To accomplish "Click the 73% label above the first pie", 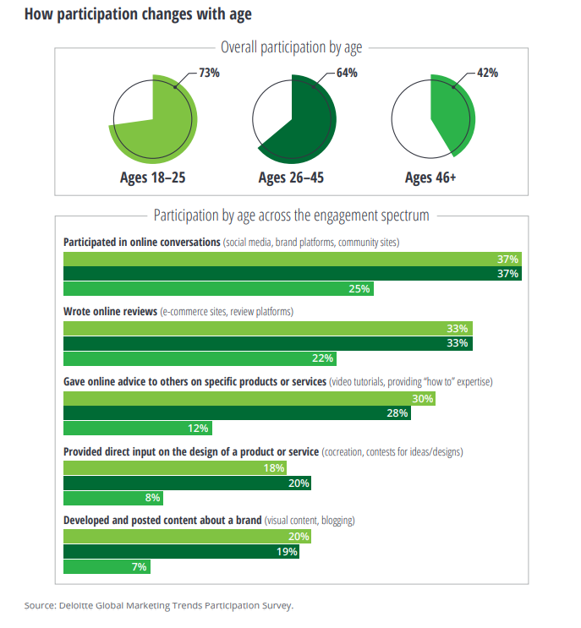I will (x=209, y=73).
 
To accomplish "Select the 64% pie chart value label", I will (x=347, y=73).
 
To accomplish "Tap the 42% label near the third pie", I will (x=487, y=73).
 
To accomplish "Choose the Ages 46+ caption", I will (x=430, y=177).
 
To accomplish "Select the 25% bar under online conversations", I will (x=218, y=288).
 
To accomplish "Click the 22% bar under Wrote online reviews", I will (x=200, y=358).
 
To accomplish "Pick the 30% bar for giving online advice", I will (x=249, y=399).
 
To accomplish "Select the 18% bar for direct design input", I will (x=175, y=468).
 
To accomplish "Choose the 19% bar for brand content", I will (x=181, y=553).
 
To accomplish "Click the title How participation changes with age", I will (x=137, y=14).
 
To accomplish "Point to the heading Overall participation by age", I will (x=291, y=47).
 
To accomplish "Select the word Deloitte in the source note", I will (x=82, y=605).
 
